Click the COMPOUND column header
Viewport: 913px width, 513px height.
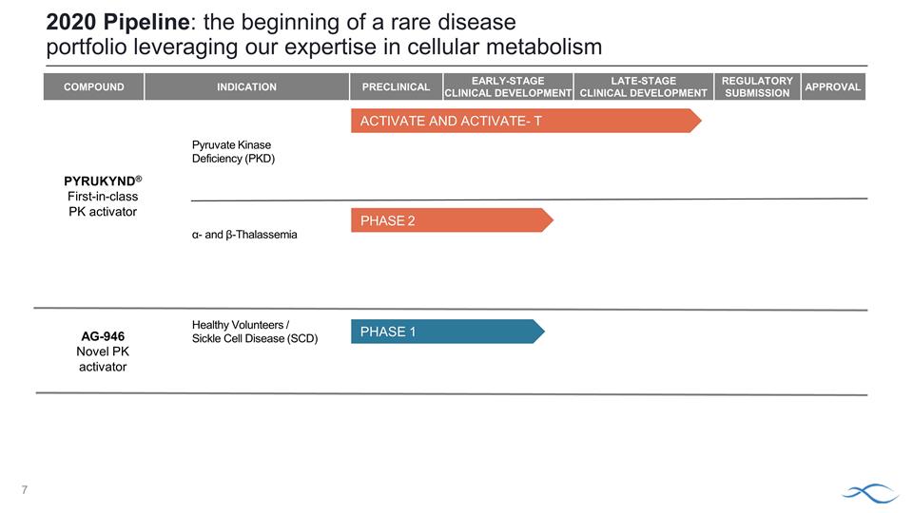93,86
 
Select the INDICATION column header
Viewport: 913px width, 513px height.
246,86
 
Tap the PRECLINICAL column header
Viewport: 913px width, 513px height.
396,86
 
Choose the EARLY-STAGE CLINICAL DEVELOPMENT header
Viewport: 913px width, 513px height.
508,86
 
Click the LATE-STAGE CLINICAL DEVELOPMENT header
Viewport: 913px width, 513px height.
643,86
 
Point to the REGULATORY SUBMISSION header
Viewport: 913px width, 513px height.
757,86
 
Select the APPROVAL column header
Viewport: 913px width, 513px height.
833,86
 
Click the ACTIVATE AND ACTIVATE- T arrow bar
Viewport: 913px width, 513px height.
523,121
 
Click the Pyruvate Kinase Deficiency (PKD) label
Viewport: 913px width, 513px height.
233,152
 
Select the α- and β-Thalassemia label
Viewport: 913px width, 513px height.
244,235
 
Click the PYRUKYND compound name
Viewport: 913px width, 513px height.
100,180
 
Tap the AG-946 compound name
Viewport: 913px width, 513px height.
101,336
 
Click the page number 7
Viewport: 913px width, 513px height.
27,490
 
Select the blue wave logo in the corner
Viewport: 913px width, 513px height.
869,491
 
